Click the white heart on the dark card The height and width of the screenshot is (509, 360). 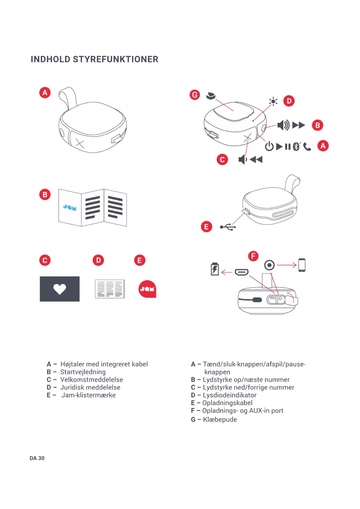[x=60, y=289]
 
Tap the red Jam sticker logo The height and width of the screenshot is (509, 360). [x=147, y=289]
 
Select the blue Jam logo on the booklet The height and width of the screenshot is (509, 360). [x=70, y=207]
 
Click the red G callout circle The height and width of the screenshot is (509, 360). [x=195, y=95]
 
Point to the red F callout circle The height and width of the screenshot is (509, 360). [x=253, y=256]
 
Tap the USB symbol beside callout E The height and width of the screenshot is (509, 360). [x=228, y=227]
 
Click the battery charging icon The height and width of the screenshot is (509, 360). [x=215, y=269]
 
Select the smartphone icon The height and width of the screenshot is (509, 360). [x=302, y=265]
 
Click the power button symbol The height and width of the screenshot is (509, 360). [x=269, y=146]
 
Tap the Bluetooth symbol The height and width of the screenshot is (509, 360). [x=296, y=147]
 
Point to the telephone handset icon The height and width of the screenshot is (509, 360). [x=307, y=147]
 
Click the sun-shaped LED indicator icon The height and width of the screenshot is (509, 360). [x=273, y=101]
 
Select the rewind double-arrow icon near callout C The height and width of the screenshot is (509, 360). [x=256, y=159]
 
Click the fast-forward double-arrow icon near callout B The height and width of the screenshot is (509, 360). [x=299, y=125]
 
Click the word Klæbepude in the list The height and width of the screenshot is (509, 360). [x=220, y=419]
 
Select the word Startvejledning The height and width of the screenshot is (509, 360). [x=83, y=372]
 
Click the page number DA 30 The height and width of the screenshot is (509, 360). [x=37, y=458]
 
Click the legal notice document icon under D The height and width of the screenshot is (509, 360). [x=110, y=289]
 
